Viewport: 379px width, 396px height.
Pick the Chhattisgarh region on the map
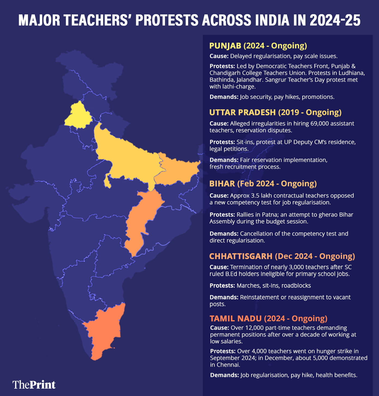pos(140,220)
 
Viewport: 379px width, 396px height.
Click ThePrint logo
pos(34,385)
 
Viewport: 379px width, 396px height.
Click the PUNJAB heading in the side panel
pos(225,46)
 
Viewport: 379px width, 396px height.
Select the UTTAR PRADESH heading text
pos(242,112)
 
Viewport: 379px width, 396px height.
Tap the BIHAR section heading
pos(222,184)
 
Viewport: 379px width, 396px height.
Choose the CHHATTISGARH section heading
pos(241,256)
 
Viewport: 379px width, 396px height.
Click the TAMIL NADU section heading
pos(236,318)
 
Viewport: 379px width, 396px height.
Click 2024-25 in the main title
pos(335,20)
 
